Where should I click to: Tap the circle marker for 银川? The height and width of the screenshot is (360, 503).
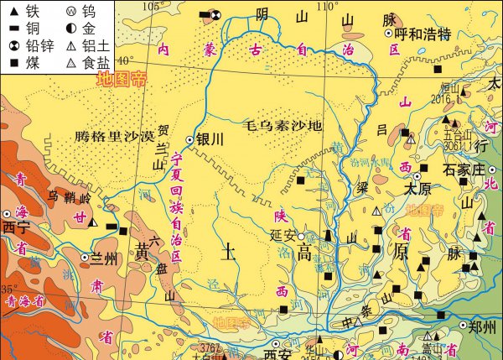189,140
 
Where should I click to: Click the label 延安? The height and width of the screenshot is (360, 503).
284,236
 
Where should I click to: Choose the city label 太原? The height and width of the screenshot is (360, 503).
417,189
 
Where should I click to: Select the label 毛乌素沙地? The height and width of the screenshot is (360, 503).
283,126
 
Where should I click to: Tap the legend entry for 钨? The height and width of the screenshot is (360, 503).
71,12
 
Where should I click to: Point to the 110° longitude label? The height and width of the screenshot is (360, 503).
328,6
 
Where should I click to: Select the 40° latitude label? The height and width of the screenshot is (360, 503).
126,60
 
